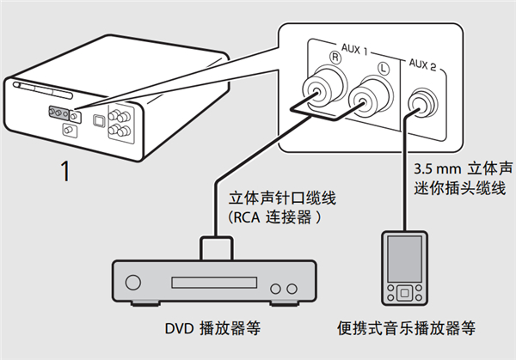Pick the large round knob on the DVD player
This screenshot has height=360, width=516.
coord(133,283)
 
